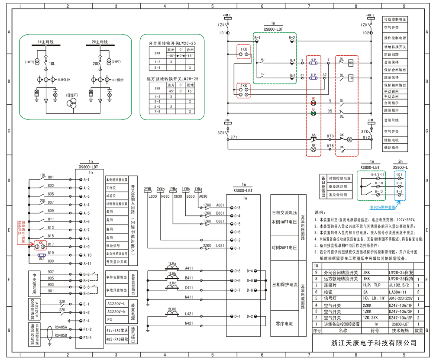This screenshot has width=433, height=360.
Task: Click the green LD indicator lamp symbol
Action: coord(313,113)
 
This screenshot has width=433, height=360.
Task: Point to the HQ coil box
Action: coord(351,63)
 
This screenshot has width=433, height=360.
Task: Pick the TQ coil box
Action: coord(351,78)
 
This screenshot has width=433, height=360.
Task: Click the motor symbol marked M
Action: coord(351,139)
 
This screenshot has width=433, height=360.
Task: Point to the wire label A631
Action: coord(220,205)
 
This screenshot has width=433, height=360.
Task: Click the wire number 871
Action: coord(234,137)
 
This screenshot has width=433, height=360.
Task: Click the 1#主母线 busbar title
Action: coord(45,42)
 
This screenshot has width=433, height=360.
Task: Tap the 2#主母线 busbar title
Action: coord(100,42)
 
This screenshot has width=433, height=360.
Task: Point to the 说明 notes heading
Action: coord(319,212)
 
